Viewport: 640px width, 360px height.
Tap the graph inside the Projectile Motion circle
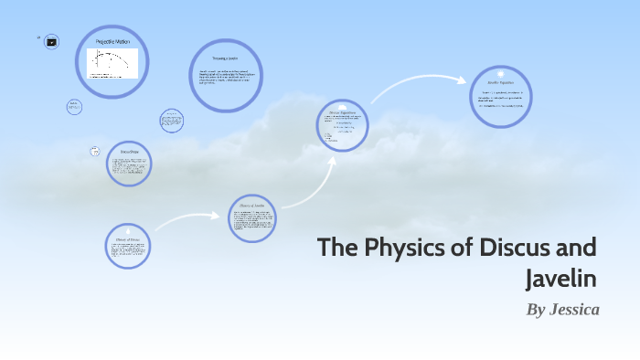pyautogui.click(x=112, y=64)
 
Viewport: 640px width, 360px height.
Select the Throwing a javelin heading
pyautogui.click(x=225, y=58)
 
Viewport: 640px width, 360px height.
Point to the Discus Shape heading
pyautogui.click(x=128, y=152)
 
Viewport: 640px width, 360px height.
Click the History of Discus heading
pyautogui.click(x=127, y=239)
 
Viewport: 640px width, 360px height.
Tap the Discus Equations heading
pyautogui.click(x=342, y=114)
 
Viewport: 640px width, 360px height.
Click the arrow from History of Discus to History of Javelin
pyautogui.click(x=187, y=220)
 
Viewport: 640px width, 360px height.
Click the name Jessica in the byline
pyautogui.click(x=574, y=310)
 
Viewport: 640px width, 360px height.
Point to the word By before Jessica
pyautogui.click(x=536, y=310)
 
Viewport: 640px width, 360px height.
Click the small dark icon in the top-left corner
pyautogui.click(x=52, y=41)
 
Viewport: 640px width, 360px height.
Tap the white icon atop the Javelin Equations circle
pyautogui.click(x=502, y=72)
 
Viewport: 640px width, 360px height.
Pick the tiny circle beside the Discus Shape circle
pyautogui.click(x=94, y=151)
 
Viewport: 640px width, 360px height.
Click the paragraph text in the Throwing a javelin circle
pyautogui.click(x=225, y=77)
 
